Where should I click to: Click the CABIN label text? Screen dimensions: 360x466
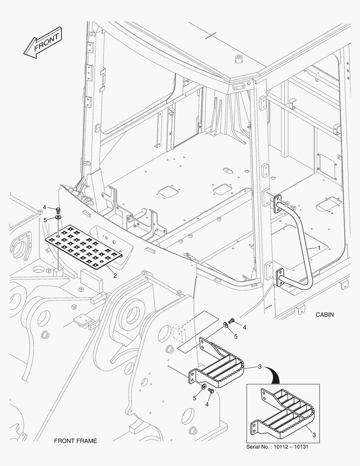[325, 315]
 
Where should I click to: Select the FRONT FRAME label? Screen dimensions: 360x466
[75, 441]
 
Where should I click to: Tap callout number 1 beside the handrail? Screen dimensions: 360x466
[319, 248]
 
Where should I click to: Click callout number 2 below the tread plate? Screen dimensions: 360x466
[115, 275]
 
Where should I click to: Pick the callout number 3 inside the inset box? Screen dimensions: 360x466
[314, 435]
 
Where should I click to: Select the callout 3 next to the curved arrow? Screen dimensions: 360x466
[260, 367]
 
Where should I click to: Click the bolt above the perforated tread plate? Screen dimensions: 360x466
[58, 211]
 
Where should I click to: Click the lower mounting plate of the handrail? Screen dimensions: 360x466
[280, 277]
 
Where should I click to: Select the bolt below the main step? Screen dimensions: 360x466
[211, 391]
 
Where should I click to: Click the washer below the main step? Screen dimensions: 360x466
[204, 387]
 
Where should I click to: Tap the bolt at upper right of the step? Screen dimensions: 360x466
[232, 320]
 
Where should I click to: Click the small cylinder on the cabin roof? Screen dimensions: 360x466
[238, 58]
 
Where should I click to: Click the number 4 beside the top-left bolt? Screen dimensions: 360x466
[44, 207]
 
